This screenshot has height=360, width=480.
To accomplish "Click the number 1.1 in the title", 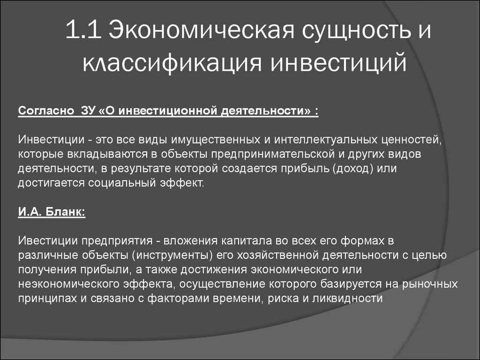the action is pyautogui.click(x=83, y=30).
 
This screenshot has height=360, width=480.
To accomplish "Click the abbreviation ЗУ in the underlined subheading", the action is pyautogui.click(x=88, y=111).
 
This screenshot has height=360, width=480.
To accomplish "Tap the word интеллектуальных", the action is pyautogui.click(x=326, y=140).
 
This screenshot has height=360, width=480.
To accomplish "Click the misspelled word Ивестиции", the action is pyautogui.click(x=48, y=240).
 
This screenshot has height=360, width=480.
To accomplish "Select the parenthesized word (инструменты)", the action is pyautogui.click(x=172, y=255).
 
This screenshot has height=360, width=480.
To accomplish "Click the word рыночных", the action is pyautogui.click(x=430, y=284).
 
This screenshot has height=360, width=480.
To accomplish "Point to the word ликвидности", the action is pyautogui.click(x=347, y=298).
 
